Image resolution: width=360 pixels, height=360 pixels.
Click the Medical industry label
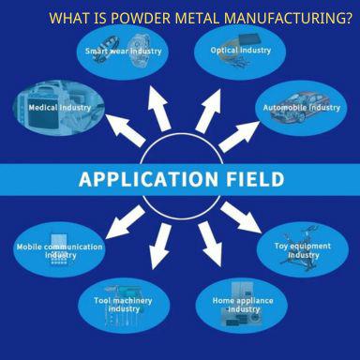58,108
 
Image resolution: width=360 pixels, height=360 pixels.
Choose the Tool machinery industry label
124,304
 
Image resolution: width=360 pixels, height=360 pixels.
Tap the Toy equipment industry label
303,250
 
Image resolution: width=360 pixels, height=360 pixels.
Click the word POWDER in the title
138,18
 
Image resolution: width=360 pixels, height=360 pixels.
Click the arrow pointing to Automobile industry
241,132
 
